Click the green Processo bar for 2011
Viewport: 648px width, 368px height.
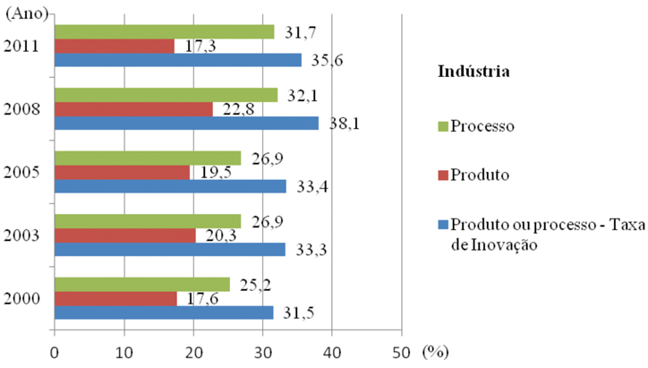point(164,32)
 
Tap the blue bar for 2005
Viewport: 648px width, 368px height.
point(170,186)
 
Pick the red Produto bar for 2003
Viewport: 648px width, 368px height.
point(125,235)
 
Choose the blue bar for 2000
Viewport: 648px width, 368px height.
point(164,312)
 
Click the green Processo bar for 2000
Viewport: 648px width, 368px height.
point(141,285)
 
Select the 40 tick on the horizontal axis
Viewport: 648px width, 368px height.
point(332,352)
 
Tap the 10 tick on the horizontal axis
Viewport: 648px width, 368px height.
point(124,352)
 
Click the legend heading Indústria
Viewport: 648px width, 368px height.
point(473,71)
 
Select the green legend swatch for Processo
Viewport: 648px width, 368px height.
point(442,125)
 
